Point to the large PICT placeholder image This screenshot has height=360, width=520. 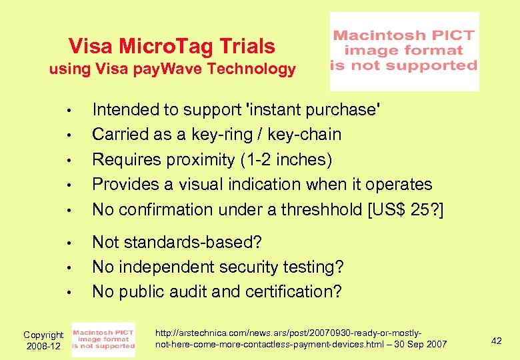pyautogui.click(x=404, y=51)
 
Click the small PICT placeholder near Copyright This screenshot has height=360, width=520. pyautogui.click(x=103, y=339)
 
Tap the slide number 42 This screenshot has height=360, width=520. pyautogui.click(x=496, y=341)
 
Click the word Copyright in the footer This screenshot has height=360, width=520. pyautogui.click(x=43, y=335)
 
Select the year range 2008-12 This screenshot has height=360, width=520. pyautogui.click(x=43, y=346)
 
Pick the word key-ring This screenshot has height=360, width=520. pyautogui.click(x=208, y=135)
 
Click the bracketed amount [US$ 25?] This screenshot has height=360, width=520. pyautogui.click(x=404, y=209)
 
